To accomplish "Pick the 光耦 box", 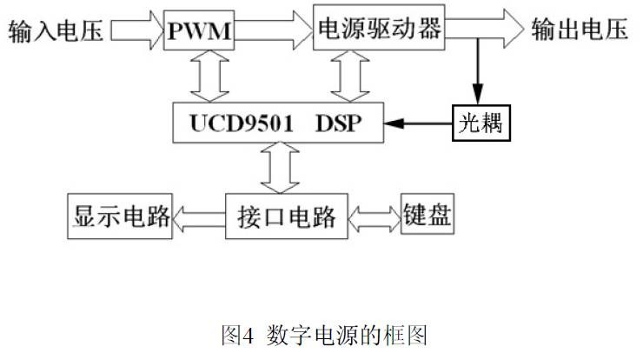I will [x=481, y=123].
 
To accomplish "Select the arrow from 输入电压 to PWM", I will [x=139, y=33].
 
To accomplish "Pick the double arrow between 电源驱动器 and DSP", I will [x=352, y=79].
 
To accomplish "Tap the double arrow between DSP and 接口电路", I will [x=280, y=170].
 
